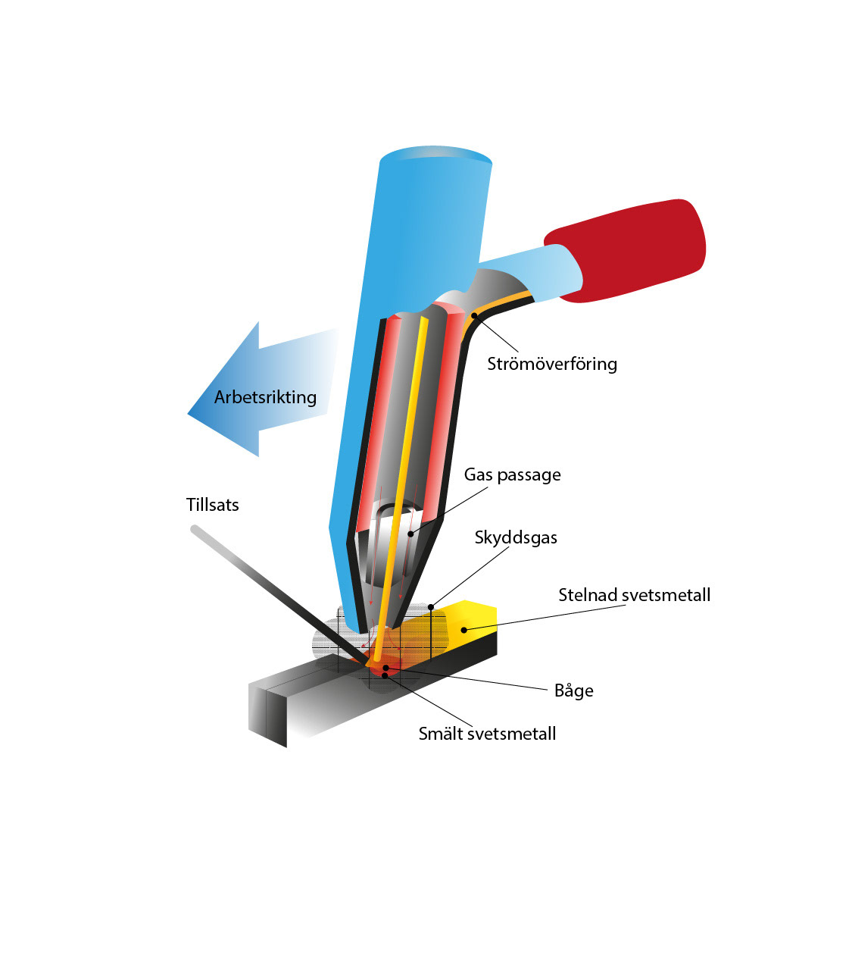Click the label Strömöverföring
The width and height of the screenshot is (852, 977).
point(551,364)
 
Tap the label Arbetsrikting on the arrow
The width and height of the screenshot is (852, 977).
point(265,397)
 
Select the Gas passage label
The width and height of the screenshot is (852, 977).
point(512,475)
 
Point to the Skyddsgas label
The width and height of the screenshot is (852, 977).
point(516,538)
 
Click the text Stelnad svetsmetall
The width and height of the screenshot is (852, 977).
point(634,595)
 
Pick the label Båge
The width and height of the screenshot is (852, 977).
point(573,690)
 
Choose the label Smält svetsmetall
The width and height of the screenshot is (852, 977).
point(487,734)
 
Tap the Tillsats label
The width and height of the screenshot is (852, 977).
point(212,505)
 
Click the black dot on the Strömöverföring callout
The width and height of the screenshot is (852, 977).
point(474,315)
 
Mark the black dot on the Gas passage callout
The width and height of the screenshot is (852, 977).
point(410,534)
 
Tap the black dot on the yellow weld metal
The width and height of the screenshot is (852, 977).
point(464,630)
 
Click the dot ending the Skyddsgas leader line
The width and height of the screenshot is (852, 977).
point(431,606)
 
